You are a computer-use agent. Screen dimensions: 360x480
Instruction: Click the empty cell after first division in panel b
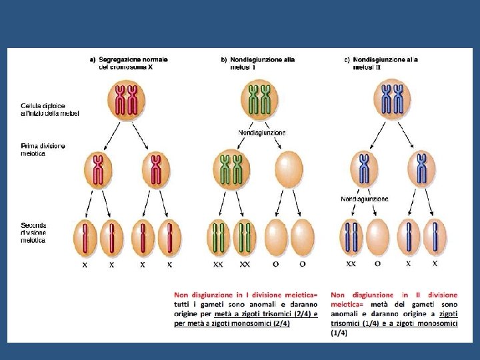(289, 170)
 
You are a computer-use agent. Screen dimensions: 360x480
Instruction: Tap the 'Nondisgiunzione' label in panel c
(364, 199)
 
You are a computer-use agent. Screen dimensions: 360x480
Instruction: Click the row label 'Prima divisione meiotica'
(43, 150)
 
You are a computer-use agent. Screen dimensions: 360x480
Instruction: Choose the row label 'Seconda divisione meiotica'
(34, 232)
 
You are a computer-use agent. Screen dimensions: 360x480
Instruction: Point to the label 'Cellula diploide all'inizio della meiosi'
(49, 109)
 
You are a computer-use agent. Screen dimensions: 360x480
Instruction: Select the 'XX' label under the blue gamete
(351, 264)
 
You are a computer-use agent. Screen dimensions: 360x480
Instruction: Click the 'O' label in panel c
(377, 264)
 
